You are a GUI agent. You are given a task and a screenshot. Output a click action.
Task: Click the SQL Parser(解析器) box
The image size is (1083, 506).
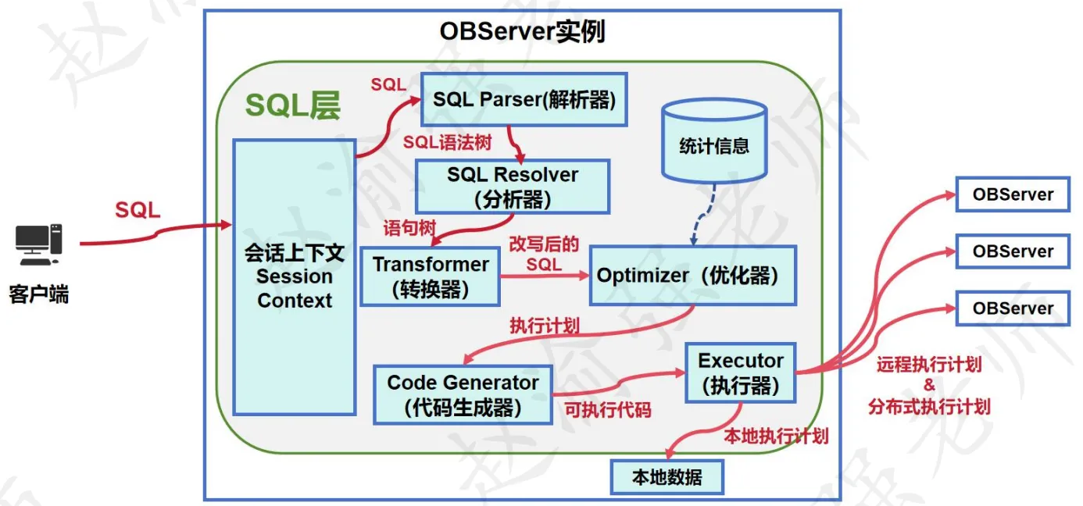coord(524,99)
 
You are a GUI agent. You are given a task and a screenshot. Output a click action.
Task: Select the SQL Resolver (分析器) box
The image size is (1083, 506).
coord(512,187)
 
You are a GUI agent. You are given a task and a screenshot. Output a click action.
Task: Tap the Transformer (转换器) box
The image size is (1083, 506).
coord(430,276)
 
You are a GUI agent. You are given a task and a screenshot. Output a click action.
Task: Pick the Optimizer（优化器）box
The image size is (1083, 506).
coord(692,275)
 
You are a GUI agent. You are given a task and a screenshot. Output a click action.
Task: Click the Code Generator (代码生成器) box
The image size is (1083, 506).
coord(463,394)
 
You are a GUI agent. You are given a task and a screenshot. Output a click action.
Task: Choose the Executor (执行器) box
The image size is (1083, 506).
coord(740,372)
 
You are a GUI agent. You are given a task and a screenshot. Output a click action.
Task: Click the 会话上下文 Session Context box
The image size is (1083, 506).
coord(295,276)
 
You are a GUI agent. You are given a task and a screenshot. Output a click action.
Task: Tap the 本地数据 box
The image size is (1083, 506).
coord(667,477)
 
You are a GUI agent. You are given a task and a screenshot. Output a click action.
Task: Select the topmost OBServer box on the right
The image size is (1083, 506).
coord(1012,194)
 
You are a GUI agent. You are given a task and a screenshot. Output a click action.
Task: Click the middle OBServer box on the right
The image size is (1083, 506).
coord(1012,251)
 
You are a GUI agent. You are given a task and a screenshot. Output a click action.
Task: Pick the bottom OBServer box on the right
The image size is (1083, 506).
coord(1012,308)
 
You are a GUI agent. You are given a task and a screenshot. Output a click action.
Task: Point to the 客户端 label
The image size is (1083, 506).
coord(39,295)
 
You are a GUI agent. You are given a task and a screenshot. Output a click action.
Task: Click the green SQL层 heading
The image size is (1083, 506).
coord(293,105)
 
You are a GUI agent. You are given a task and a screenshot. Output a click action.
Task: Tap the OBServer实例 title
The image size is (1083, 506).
coord(522,32)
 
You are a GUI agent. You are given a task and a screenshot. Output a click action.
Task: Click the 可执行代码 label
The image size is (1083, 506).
coord(608,409)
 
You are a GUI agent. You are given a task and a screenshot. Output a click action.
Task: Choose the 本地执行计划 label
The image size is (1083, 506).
coord(776,436)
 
